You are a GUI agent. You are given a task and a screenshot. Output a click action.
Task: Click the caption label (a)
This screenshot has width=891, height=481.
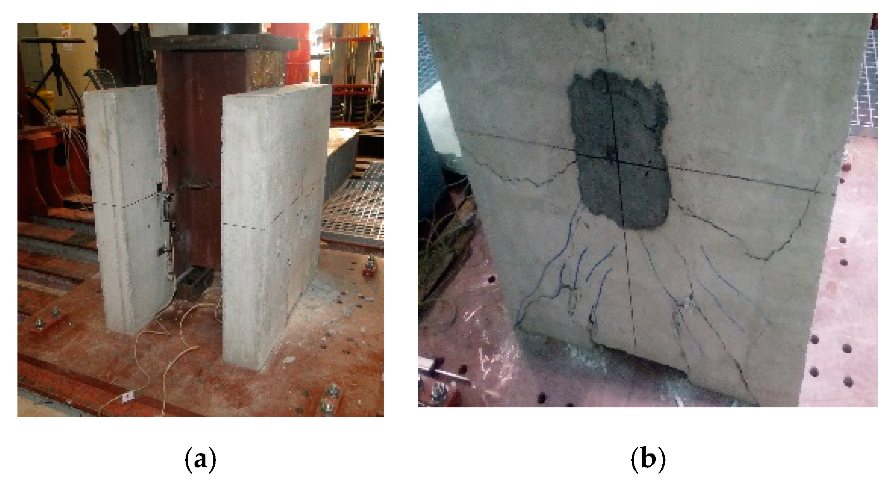pos(200,459)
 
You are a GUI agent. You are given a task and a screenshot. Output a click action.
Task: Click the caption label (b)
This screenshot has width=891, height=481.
pos(648,459)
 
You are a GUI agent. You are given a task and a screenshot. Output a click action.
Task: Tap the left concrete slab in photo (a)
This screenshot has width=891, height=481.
pos(128,209)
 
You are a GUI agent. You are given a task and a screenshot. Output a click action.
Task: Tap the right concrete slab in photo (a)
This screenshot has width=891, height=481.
pos(271,225)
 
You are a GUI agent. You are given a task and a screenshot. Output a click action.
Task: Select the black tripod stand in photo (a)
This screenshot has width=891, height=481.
pos(54,66)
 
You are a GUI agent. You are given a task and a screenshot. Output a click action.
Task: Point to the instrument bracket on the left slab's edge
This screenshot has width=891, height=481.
pos(167,209)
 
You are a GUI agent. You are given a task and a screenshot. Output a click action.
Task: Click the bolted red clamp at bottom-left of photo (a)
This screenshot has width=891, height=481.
pos(48,322)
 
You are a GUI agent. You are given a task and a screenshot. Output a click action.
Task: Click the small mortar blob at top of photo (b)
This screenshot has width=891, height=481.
pos(593,21)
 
